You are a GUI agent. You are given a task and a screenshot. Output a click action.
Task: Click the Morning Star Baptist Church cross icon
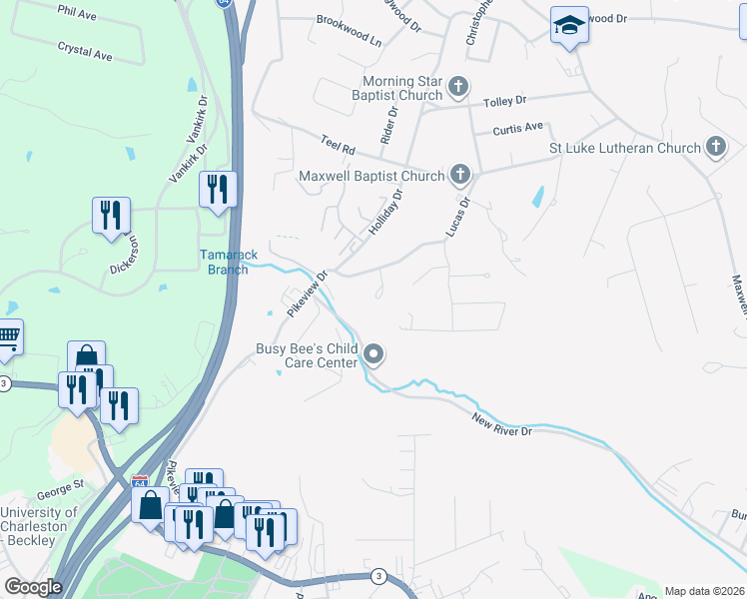458,87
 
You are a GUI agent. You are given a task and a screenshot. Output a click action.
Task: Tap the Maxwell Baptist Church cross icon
459,176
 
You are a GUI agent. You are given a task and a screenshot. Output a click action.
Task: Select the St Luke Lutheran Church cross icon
715,148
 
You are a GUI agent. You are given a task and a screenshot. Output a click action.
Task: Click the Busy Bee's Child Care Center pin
374,354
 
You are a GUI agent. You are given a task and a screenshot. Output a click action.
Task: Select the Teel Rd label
338,145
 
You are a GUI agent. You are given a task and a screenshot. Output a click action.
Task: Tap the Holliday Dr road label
384,213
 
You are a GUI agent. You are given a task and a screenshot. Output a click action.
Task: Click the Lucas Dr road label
456,219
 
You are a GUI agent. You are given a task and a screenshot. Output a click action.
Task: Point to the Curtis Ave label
517,128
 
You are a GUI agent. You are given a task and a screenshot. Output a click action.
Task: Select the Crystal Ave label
85,51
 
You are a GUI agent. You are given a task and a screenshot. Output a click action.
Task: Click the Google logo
33,587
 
